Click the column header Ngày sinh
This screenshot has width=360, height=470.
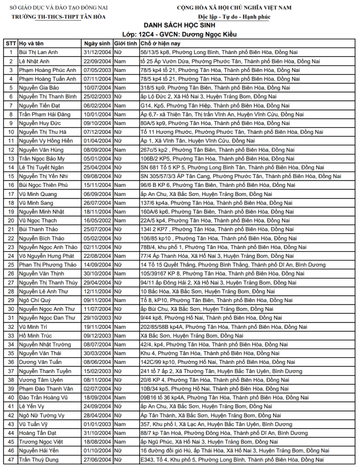(97, 43)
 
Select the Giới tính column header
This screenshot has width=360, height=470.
(125, 43)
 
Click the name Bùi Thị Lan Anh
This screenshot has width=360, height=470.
(39, 52)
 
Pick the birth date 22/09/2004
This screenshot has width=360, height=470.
(97, 61)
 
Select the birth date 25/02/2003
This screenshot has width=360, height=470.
(97, 96)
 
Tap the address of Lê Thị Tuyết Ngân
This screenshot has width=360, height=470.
(232, 167)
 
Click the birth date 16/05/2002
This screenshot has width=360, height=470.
(97, 220)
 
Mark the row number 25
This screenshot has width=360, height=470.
(11, 265)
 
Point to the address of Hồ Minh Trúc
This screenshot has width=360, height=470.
(186, 336)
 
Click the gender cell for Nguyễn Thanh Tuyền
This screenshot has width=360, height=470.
(120, 371)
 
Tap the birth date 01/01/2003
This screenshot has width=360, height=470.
(97, 424)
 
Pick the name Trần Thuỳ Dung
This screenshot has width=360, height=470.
(39, 459)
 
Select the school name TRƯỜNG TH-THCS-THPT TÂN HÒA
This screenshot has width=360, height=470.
(58, 17)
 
